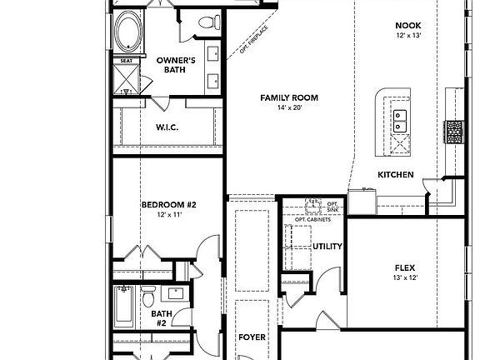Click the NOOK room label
(408, 26)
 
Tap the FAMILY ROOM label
(289, 97)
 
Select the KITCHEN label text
(396, 175)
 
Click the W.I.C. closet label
(168, 127)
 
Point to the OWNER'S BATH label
(177, 64)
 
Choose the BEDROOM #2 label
(167, 204)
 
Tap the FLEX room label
(405, 267)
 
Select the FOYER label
(252, 337)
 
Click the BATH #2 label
(161, 317)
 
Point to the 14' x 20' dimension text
(289, 108)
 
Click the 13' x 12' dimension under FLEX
(405, 277)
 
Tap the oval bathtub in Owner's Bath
(128, 32)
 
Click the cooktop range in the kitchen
(454, 131)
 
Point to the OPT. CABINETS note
(312, 219)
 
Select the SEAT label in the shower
(127, 61)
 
